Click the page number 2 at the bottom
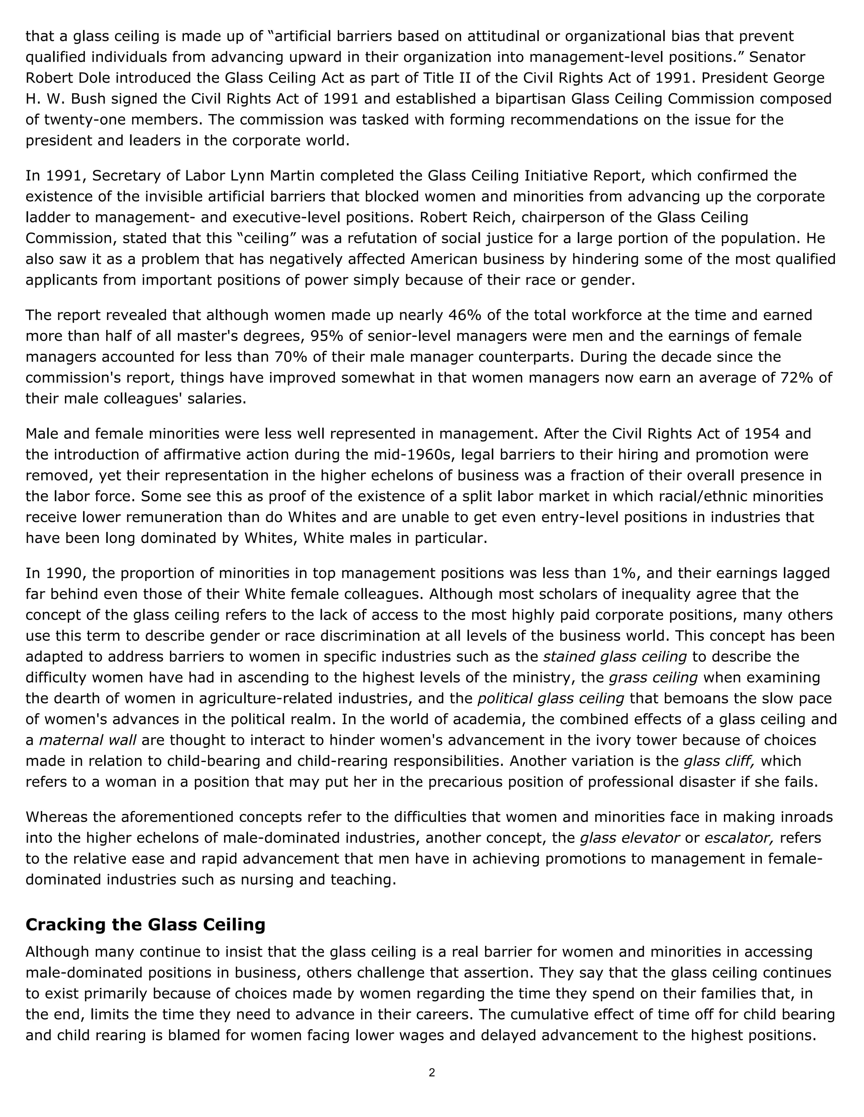432,1072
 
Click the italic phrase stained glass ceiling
614,657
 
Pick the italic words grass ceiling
653,678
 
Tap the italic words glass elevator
629,838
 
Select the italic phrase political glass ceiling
551,698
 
